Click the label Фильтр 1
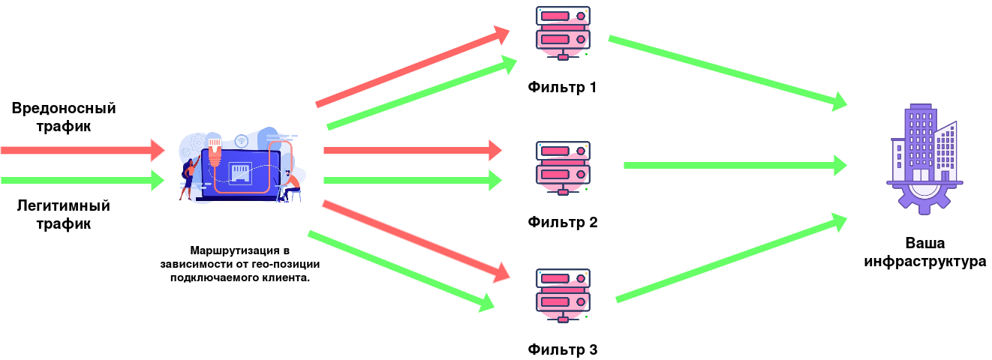(x=562, y=87)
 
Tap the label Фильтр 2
(x=563, y=222)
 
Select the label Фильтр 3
(x=563, y=349)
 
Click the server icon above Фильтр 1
(x=563, y=33)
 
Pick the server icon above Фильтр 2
(x=563, y=168)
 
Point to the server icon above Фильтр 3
(x=563, y=295)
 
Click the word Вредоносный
(x=64, y=109)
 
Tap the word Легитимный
(x=63, y=206)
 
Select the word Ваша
(x=925, y=243)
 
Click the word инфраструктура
(x=925, y=262)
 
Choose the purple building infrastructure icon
(x=924, y=160)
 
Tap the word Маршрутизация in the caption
(x=235, y=250)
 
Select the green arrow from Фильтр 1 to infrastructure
(x=728, y=73)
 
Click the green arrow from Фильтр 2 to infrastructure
(x=735, y=165)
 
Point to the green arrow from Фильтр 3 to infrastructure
(x=732, y=258)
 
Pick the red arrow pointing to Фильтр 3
(x=416, y=241)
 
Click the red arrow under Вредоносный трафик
(x=83, y=150)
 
